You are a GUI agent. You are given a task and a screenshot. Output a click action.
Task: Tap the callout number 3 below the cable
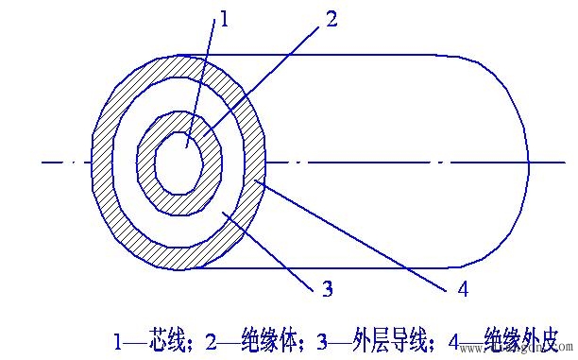(x=327, y=289)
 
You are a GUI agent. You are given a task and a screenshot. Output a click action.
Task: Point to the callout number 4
(x=462, y=288)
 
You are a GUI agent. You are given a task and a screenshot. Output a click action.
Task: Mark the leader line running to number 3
(x=274, y=250)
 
